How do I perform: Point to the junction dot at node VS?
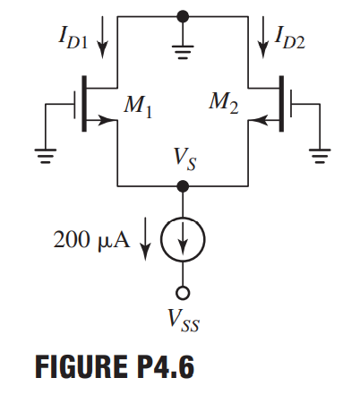coord(183,186)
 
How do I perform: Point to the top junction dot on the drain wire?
coord(183,16)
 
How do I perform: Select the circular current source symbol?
coord(183,240)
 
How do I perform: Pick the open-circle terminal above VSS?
coord(183,293)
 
